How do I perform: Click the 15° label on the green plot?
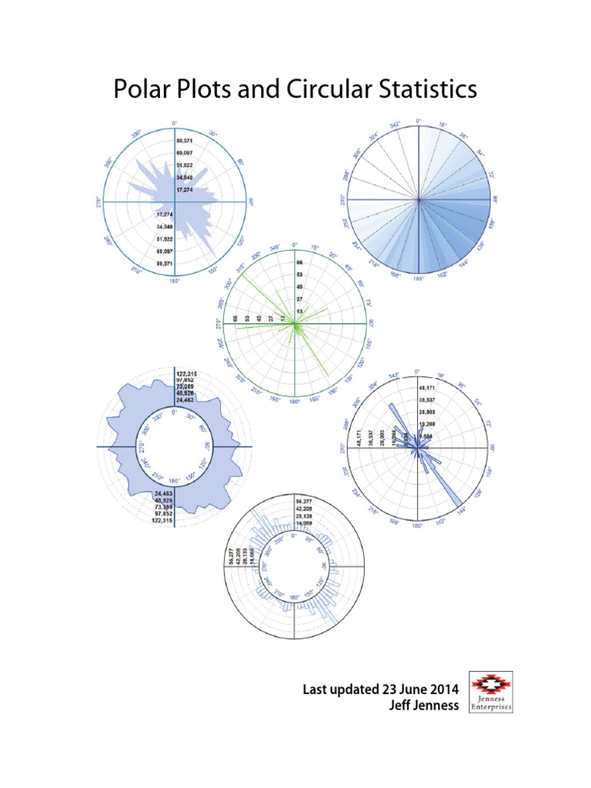tap(314, 248)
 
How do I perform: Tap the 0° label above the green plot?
tap(295, 245)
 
